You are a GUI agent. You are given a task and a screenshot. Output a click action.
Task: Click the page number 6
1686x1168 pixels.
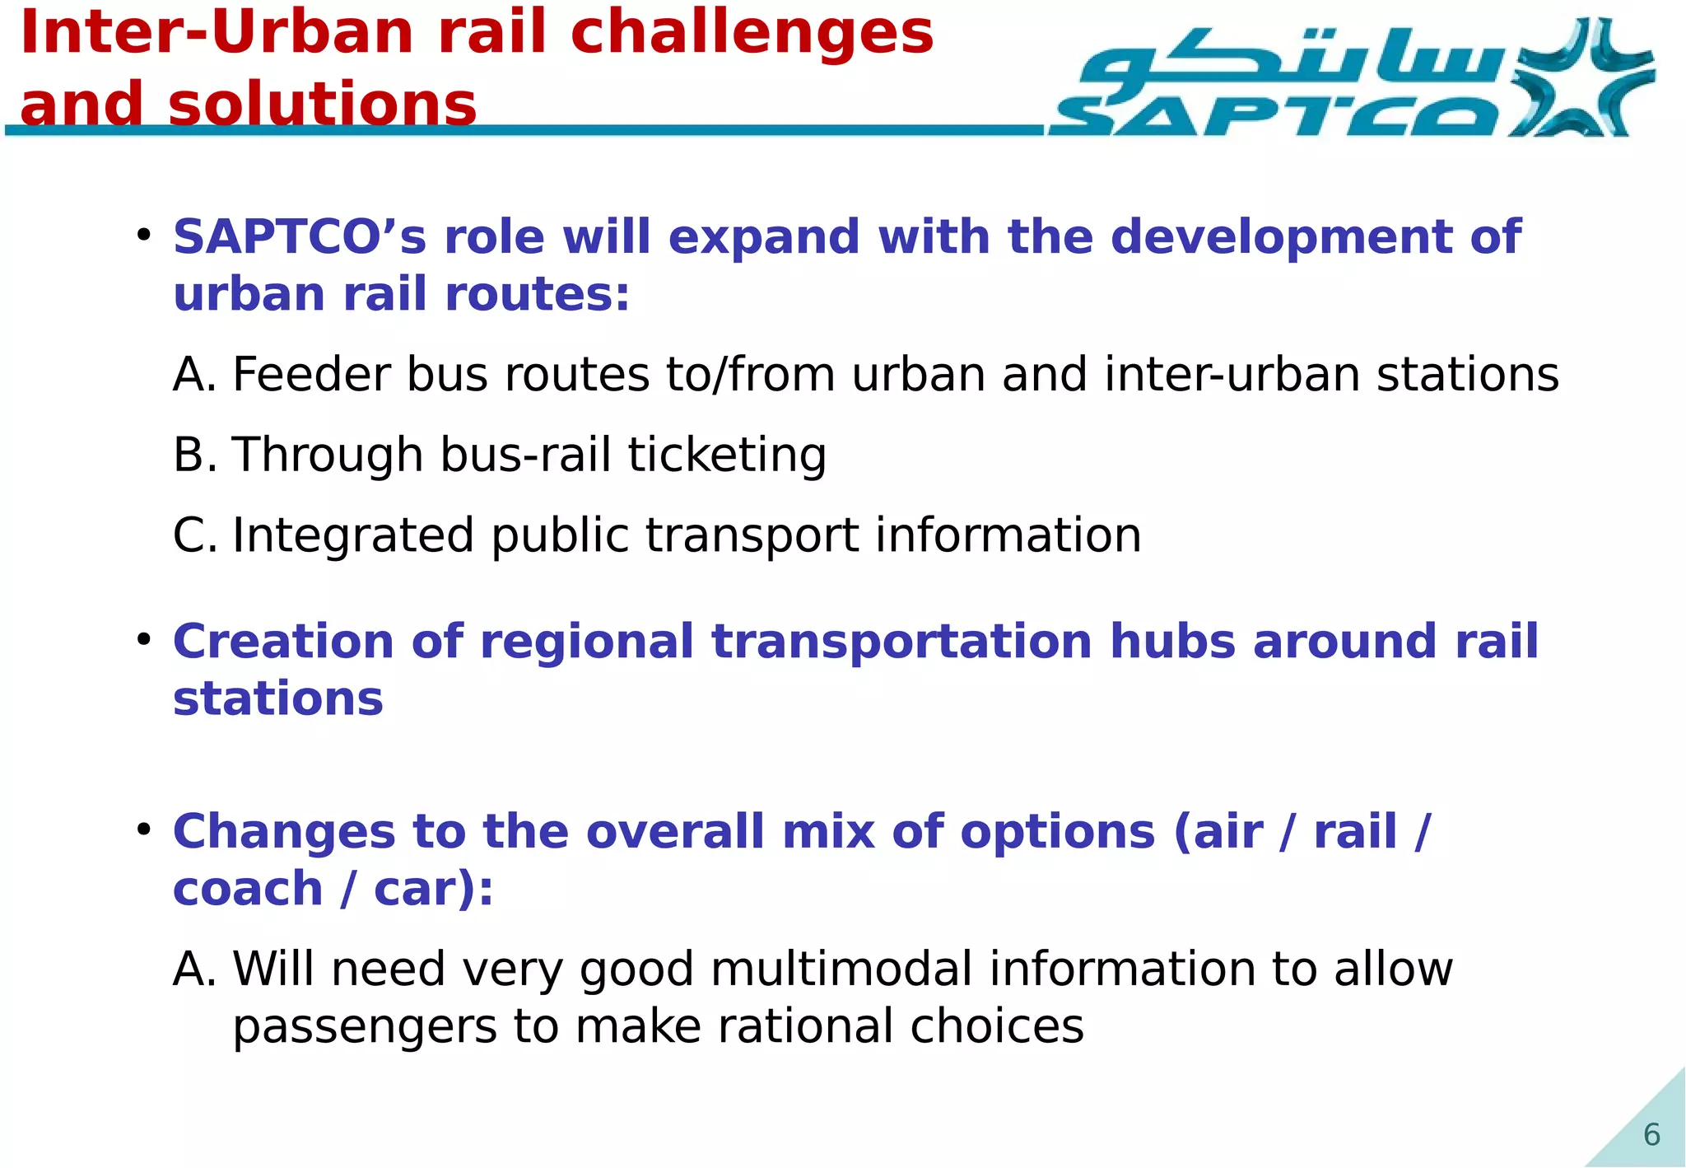(x=1651, y=1135)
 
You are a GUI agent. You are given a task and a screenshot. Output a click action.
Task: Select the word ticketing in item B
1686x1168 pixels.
(x=727, y=455)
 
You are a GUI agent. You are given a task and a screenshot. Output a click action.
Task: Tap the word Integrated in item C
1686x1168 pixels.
(x=353, y=535)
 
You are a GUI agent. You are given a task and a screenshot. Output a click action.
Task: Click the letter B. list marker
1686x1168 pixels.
(x=195, y=455)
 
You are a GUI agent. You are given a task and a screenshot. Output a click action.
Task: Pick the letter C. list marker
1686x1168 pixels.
(x=195, y=535)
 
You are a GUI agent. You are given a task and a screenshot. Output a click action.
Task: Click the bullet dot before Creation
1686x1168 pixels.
(x=144, y=639)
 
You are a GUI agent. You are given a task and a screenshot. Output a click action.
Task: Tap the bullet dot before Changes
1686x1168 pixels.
(x=144, y=829)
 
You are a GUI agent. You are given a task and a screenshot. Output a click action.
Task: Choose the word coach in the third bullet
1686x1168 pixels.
(x=248, y=889)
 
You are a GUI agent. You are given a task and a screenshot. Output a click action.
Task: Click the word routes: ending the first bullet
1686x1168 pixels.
(x=537, y=295)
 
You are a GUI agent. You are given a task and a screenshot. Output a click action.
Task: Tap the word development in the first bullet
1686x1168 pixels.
(x=1282, y=237)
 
